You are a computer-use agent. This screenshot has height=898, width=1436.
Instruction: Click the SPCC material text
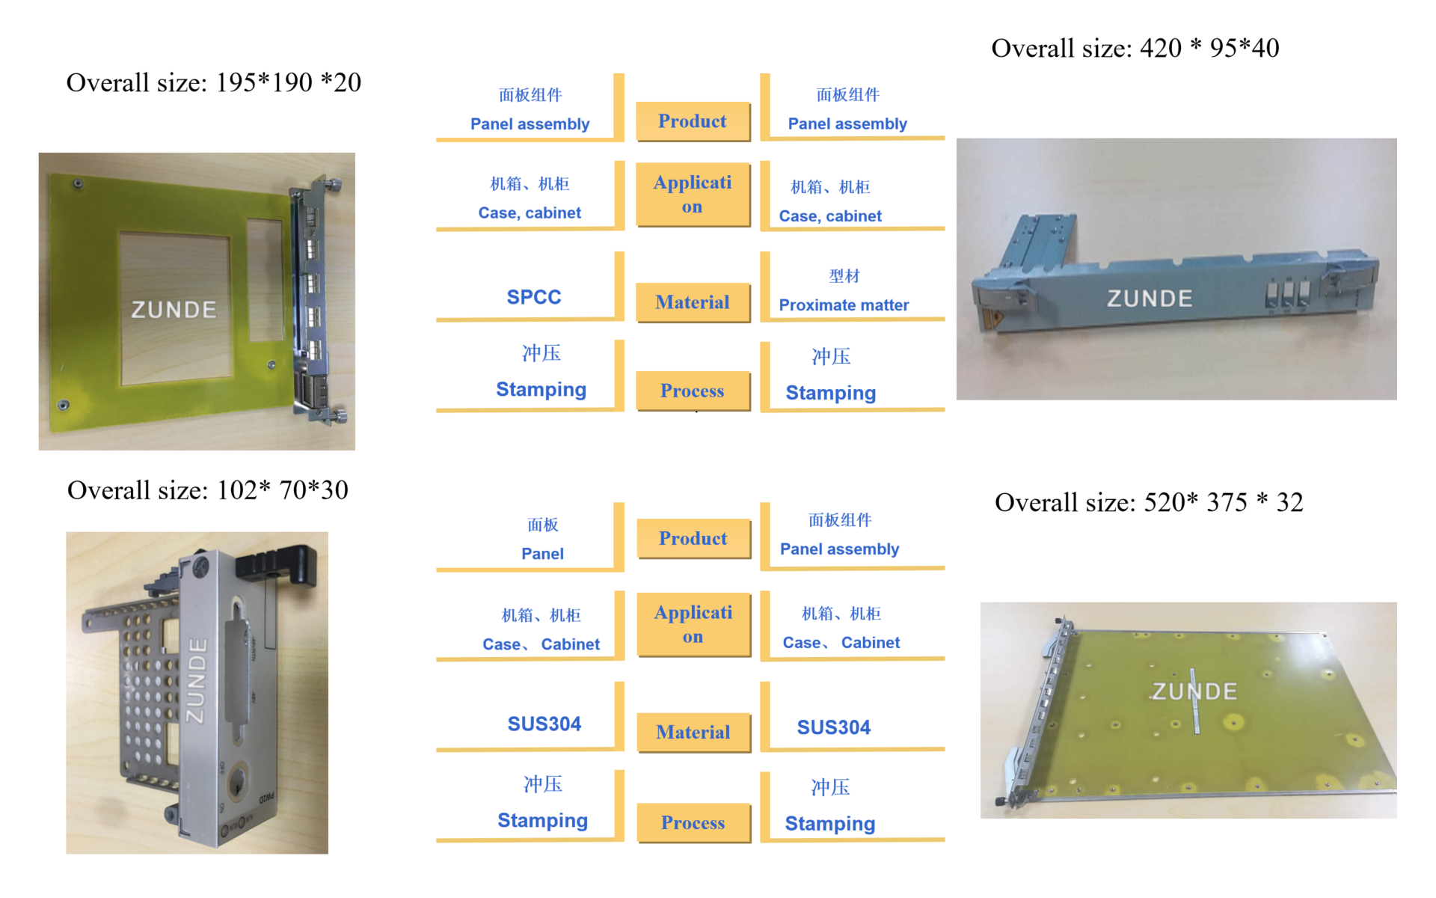coord(533,297)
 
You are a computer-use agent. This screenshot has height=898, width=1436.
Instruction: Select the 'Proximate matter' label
coord(844,305)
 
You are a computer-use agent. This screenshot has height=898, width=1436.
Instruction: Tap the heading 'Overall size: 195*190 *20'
coord(214,82)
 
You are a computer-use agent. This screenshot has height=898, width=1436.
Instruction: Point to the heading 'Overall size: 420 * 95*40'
coord(1135,49)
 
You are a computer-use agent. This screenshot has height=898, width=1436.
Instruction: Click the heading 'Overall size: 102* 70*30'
coord(208,490)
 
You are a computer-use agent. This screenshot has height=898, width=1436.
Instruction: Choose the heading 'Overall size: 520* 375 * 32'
coord(1149,502)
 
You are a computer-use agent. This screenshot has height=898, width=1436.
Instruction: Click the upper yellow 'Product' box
coord(693,121)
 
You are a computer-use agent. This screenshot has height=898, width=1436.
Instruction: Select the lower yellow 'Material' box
coord(693,732)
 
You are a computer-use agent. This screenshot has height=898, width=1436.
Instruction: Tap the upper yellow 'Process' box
coord(693,391)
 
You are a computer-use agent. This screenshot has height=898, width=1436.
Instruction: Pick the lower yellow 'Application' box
coord(693,624)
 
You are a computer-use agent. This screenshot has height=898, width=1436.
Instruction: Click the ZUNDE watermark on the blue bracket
coord(1150,299)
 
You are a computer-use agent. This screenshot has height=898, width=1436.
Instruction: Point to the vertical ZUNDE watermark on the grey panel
coord(196,680)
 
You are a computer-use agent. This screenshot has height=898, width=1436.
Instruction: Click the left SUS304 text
coord(544,724)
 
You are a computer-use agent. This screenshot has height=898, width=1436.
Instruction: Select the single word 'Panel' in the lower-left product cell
coord(542,554)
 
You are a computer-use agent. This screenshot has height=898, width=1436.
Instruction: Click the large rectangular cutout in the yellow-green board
coord(175,308)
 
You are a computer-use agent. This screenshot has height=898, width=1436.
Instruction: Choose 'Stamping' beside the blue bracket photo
coord(830,393)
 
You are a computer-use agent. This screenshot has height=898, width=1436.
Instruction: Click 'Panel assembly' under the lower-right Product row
coord(839,549)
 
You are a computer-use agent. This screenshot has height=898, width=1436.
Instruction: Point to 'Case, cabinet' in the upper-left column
coord(530,213)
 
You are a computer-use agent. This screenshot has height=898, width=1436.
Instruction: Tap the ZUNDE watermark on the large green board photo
coord(1194,691)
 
